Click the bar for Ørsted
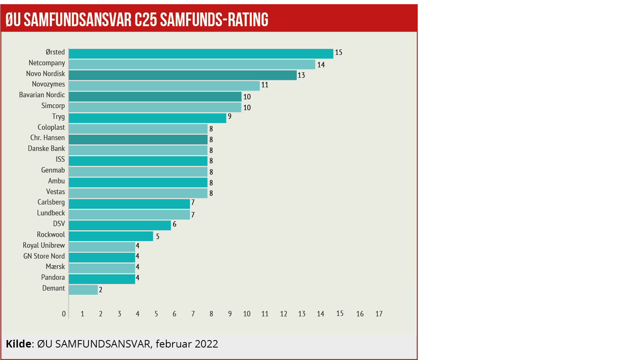point(201,54)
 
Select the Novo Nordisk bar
point(182,75)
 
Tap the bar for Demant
point(83,290)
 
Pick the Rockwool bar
point(111,236)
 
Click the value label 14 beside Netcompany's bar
point(321,65)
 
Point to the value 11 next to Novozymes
point(265,85)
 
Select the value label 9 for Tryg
point(229,116)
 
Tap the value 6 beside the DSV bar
point(175,224)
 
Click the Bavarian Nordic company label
point(42,95)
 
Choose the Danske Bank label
point(47,149)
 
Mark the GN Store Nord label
point(44,256)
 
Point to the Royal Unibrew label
point(44,245)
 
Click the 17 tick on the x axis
point(379,314)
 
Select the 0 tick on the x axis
point(64,314)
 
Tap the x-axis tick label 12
point(283,314)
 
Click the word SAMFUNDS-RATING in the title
point(214,20)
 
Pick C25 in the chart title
point(146,20)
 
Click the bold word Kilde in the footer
point(19,344)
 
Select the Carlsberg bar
point(129,204)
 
